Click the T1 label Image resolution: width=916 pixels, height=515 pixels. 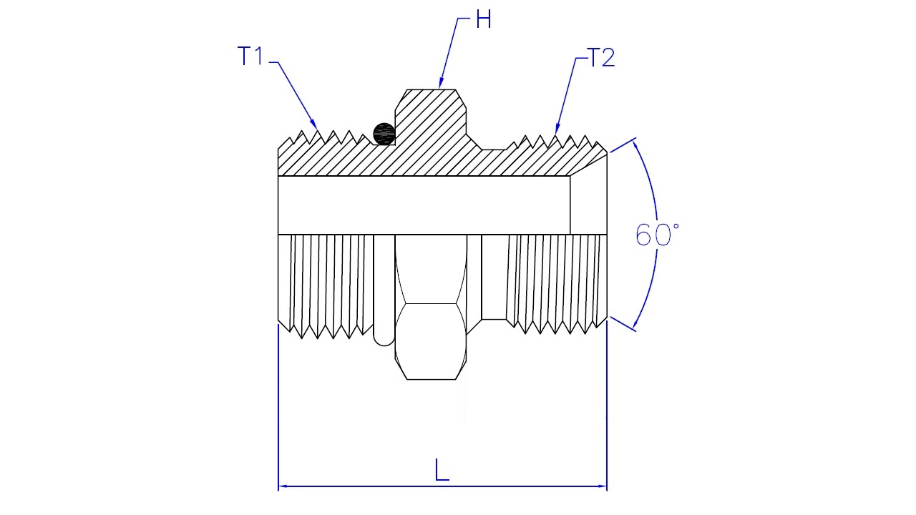click(x=250, y=56)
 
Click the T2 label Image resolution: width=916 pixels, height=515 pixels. click(x=600, y=58)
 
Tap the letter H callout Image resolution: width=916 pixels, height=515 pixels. click(x=483, y=19)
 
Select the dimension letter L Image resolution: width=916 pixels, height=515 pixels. click(x=442, y=470)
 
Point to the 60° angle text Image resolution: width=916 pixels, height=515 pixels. click(x=657, y=235)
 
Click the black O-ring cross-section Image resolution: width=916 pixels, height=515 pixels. click(x=384, y=134)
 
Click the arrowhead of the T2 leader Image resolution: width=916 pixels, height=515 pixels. click(x=557, y=129)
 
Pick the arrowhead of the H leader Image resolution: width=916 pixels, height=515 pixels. click(x=441, y=84)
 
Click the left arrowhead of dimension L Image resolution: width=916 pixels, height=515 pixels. click(x=283, y=486)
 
